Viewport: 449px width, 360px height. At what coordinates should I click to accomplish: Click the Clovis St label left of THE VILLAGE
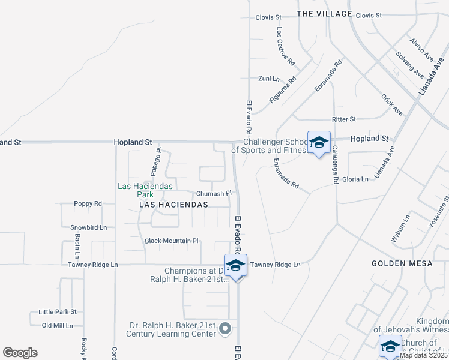tap(268, 17)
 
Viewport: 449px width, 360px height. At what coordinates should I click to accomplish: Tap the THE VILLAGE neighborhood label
tap(324, 14)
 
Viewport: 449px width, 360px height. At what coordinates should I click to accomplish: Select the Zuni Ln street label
tap(268, 79)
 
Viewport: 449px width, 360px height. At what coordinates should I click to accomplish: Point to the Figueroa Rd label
tap(283, 90)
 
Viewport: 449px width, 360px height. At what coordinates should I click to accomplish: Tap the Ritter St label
tap(344, 119)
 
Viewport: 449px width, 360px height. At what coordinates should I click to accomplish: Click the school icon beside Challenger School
tap(319, 143)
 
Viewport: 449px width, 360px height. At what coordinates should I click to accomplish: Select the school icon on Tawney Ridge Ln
tap(235, 266)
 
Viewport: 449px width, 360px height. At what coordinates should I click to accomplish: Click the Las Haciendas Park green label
tap(145, 190)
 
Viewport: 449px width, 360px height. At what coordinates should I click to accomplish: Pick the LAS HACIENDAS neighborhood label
tap(173, 205)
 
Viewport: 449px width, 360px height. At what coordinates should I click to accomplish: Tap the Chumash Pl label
tap(214, 194)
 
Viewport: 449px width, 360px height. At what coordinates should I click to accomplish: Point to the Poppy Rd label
tap(88, 204)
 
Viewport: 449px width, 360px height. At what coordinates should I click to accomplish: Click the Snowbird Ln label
tap(88, 227)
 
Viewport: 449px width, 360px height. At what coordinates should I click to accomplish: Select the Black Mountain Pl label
tap(171, 241)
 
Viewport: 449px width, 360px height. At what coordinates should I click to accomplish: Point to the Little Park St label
tap(58, 312)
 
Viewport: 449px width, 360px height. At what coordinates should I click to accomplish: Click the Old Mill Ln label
tap(58, 326)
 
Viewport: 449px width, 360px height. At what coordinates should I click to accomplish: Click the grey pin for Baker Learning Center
tap(225, 329)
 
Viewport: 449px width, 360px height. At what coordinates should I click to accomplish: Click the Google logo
tap(20, 353)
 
